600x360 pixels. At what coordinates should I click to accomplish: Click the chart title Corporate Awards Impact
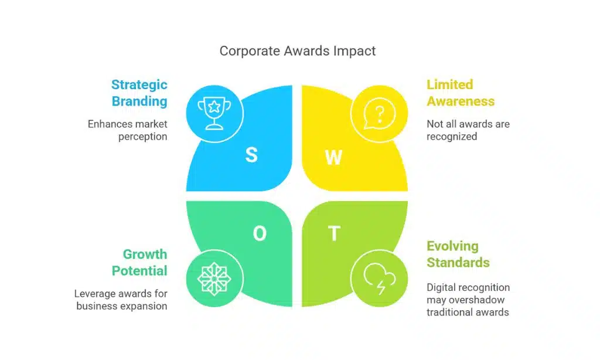[x=298, y=51]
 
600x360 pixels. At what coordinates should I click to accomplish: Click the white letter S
[x=251, y=155]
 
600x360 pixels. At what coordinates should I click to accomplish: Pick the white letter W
[x=333, y=157]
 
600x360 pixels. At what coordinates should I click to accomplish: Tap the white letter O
[x=259, y=234]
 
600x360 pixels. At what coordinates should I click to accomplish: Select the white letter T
[x=334, y=234]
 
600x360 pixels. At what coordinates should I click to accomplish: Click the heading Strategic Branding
[x=139, y=93]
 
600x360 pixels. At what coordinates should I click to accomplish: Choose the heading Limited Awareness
[x=460, y=93]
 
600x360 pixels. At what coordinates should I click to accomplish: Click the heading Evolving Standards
[x=458, y=254]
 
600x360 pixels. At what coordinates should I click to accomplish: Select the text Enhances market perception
[x=128, y=130]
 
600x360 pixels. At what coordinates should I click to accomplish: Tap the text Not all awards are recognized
[x=468, y=130]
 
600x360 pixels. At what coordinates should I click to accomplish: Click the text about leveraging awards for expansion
[x=121, y=300]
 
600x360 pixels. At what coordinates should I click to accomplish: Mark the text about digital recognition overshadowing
[x=468, y=300]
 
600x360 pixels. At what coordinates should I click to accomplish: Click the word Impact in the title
[x=354, y=51]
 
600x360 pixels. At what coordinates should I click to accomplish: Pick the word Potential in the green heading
[x=139, y=270]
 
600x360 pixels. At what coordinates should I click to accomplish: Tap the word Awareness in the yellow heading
[x=460, y=101]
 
